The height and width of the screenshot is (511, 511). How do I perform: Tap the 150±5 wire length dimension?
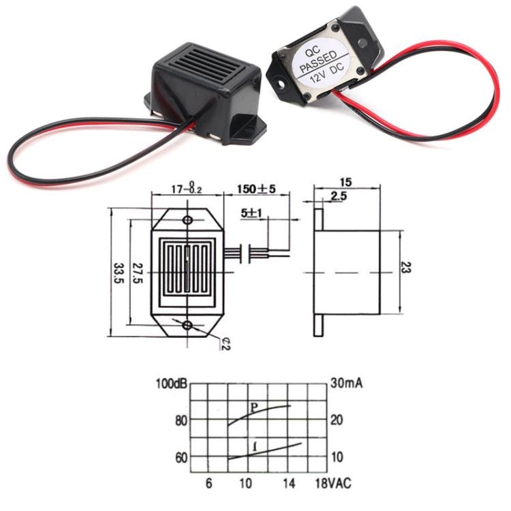click(x=256, y=189)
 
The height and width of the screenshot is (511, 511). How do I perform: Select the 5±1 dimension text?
click(x=252, y=213)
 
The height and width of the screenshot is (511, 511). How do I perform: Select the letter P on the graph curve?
click(x=253, y=407)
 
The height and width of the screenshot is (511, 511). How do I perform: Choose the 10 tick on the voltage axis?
click(x=245, y=484)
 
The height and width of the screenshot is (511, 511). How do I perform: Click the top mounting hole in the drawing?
click(x=187, y=220)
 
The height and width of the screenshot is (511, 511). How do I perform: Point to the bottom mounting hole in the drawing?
click(x=187, y=325)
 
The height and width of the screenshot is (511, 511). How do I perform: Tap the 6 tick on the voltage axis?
click(x=209, y=484)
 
